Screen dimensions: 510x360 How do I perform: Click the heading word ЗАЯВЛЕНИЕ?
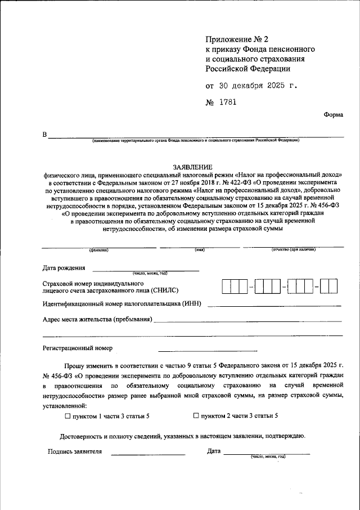[192, 167]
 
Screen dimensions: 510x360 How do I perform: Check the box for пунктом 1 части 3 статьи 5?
[67, 416]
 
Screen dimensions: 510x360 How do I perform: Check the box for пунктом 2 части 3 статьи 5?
[196, 416]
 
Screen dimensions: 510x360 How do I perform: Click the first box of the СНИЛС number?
[227, 287]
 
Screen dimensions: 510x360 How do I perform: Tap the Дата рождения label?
[64, 268]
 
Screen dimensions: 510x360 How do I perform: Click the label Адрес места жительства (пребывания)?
[97, 320]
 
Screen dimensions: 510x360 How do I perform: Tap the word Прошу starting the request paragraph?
[74, 365]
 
